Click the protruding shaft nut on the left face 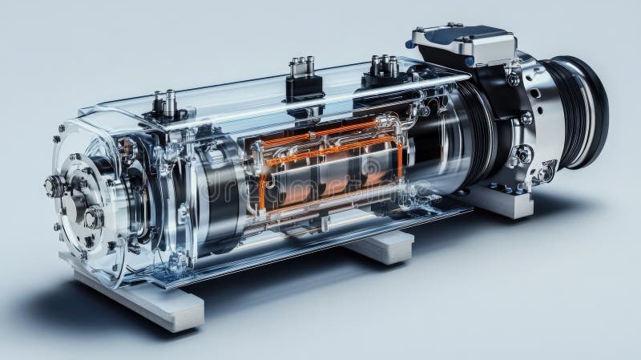(x=55, y=186)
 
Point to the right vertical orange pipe (x=398, y=160)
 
